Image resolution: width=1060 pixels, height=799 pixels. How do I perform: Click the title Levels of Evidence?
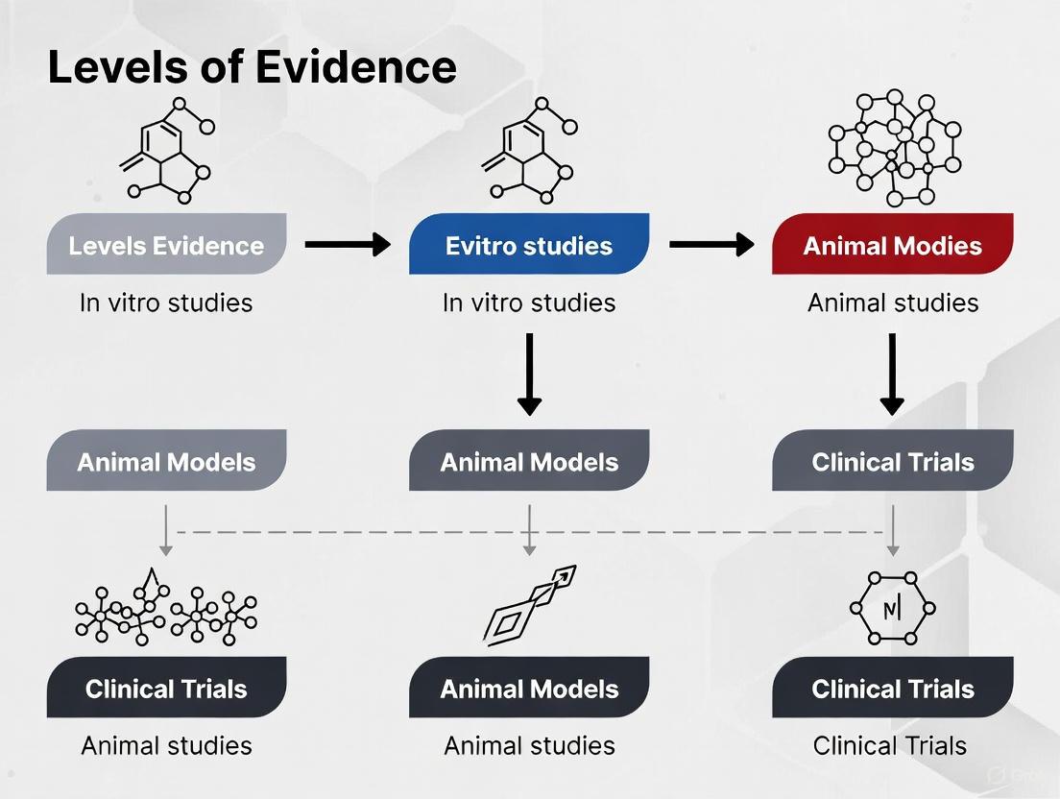click(252, 68)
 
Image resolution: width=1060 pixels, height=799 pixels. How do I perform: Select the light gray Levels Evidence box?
click(166, 245)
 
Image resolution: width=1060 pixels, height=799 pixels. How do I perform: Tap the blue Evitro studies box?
click(529, 245)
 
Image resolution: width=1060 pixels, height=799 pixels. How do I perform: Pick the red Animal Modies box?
click(892, 245)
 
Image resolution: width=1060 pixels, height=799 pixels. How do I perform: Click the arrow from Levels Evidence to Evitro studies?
click(348, 245)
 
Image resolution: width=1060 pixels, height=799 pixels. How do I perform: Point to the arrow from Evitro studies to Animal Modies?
click(711, 245)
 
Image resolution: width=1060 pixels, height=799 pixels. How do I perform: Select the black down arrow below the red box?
click(892, 375)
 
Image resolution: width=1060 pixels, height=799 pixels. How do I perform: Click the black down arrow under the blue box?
click(529, 375)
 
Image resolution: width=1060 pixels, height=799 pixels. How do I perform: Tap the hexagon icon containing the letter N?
click(892, 608)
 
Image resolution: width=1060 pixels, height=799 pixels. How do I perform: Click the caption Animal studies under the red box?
click(892, 303)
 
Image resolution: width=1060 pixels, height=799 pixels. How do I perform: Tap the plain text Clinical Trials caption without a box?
click(889, 745)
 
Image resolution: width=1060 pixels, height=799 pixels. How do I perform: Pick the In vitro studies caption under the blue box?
click(529, 303)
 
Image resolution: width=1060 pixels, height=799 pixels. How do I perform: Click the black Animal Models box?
click(529, 689)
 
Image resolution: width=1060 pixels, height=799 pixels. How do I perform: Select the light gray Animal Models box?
click(166, 462)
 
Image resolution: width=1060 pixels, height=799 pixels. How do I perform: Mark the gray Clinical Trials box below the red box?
click(892, 462)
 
